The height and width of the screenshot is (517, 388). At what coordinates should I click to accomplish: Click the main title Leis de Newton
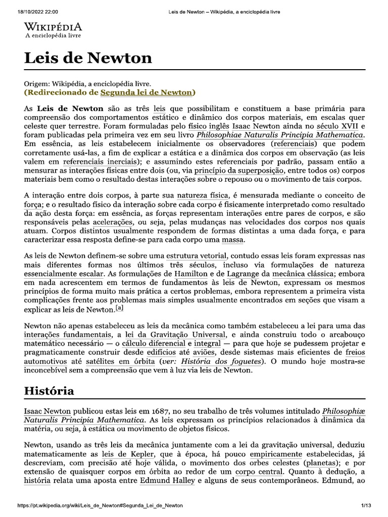point(88,58)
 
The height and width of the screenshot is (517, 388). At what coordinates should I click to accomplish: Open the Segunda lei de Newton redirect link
point(146,92)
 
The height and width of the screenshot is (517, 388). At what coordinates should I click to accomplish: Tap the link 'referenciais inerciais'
point(101,162)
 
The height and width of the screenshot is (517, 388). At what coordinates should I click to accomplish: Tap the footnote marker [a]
point(119,308)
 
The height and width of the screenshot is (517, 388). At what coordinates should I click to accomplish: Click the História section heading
point(49,391)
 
